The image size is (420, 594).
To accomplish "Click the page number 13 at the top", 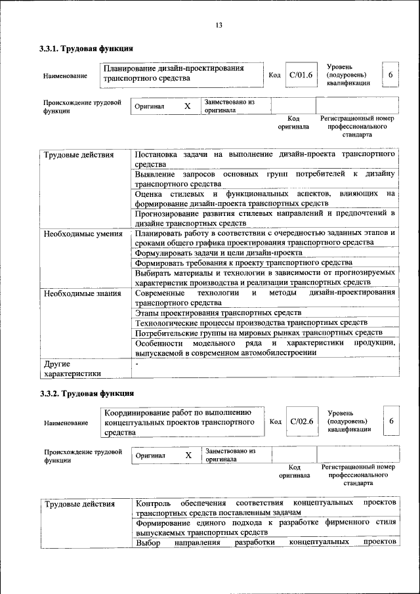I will (219, 25).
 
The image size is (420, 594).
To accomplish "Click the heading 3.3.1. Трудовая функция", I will (87, 49).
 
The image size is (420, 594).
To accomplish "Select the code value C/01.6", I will (303, 75).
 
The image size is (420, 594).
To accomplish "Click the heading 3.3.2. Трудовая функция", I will (87, 393).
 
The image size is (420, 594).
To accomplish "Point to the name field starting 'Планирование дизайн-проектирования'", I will (178, 74).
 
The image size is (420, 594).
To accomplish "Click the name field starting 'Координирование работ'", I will (180, 422).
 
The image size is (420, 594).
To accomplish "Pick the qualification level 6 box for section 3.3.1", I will (390, 75).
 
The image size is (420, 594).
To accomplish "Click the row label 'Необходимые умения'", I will (82, 233).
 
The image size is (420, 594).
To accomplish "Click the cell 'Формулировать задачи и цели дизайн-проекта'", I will (219, 253).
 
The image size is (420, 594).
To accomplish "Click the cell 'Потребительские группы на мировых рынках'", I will (249, 333).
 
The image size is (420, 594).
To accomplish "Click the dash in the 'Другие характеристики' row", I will (137, 363).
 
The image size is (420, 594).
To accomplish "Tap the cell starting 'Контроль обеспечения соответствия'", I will (265, 507).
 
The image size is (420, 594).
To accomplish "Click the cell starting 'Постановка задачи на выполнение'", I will (265, 159).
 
